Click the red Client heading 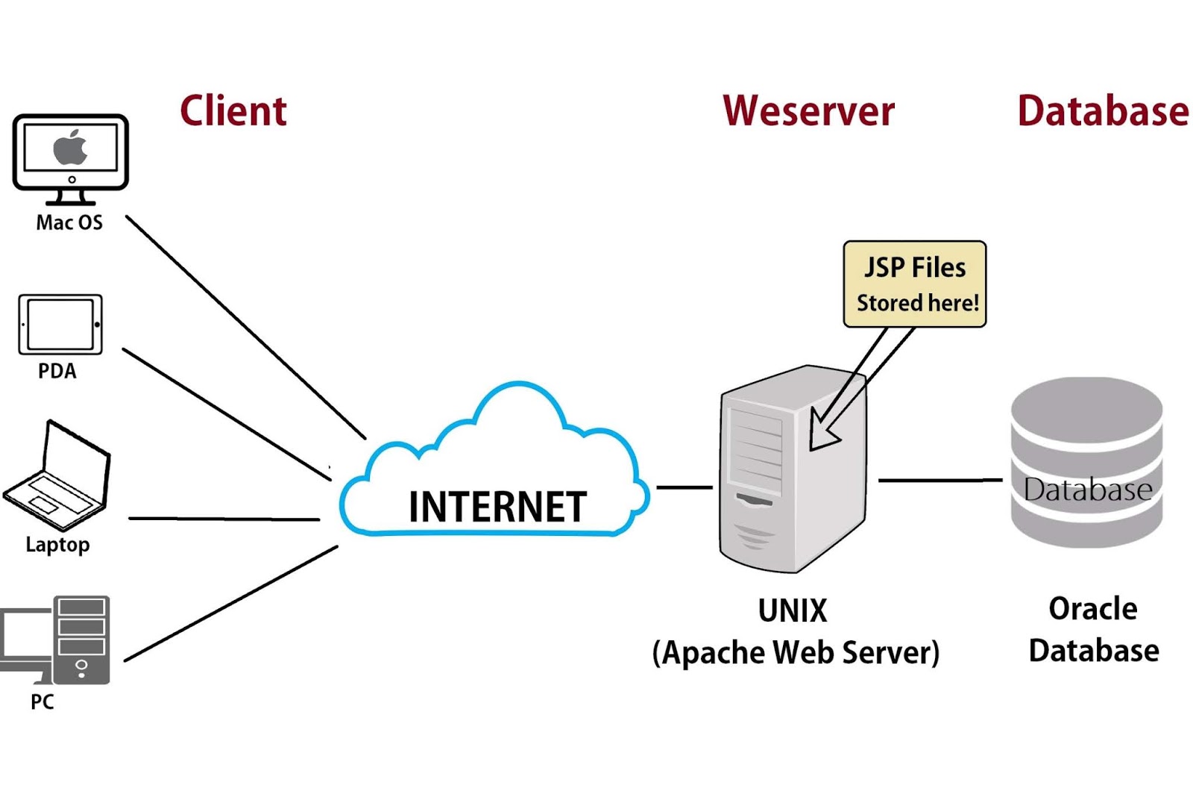click(x=233, y=111)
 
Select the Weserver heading click(x=808, y=111)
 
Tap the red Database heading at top click(x=1102, y=111)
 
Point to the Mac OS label click(x=69, y=222)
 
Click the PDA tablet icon click(x=60, y=325)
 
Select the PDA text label click(x=57, y=371)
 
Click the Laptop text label click(x=57, y=544)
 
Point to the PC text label click(x=43, y=702)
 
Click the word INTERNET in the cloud click(x=497, y=507)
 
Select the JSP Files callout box click(x=915, y=284)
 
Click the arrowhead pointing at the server click(x=822, y=434)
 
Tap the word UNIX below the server click(x=793, y=610)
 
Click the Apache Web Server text click(x=796, y=652)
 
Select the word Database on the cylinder click(x=1088, y=490)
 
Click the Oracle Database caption click(x=1093, y=630)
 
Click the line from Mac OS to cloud click(x=246, y=327)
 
